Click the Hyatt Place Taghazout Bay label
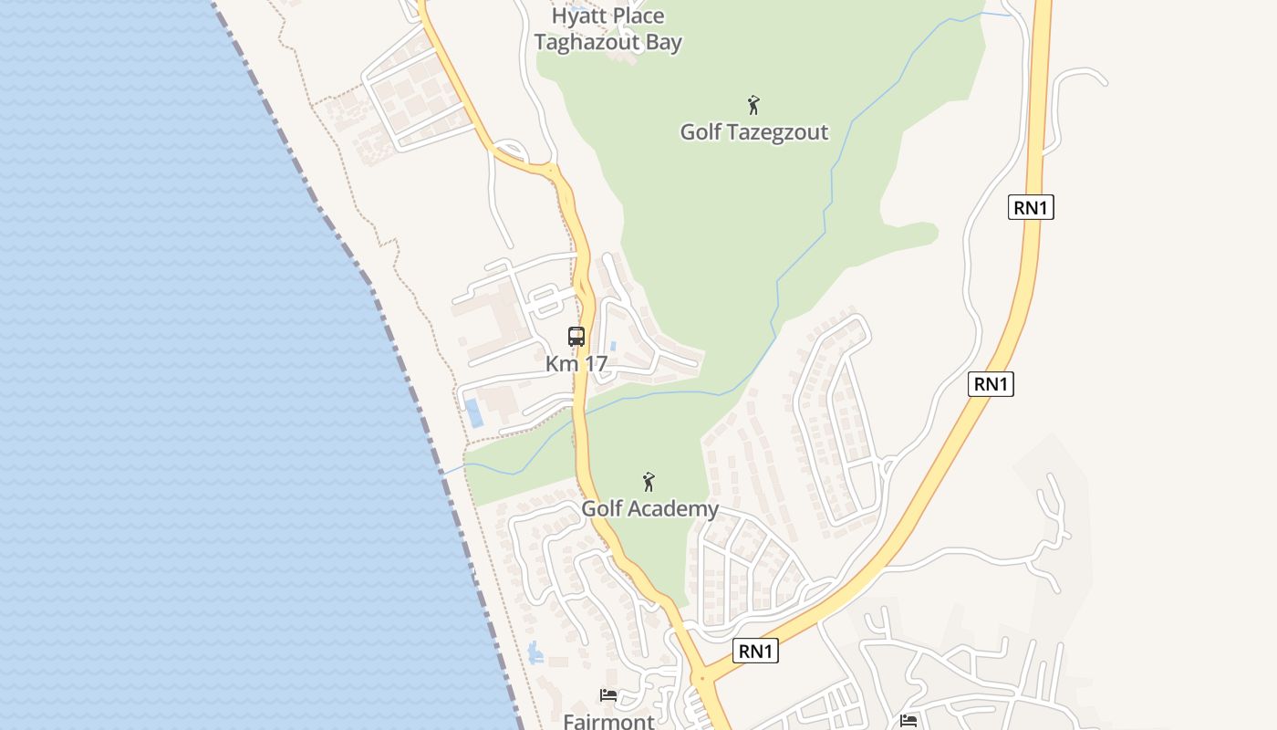608,29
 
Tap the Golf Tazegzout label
754,132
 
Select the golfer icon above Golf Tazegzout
753,105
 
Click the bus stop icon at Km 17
576,337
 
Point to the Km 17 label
576,363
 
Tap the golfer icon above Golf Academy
649,482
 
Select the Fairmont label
608,722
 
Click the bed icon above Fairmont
608,696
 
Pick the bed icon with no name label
908,721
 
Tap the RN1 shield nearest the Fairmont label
756,651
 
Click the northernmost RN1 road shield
1032,207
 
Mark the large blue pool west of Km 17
474,413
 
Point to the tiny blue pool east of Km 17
612,347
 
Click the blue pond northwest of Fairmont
535,652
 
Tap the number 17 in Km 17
594,363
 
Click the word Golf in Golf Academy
603,508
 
